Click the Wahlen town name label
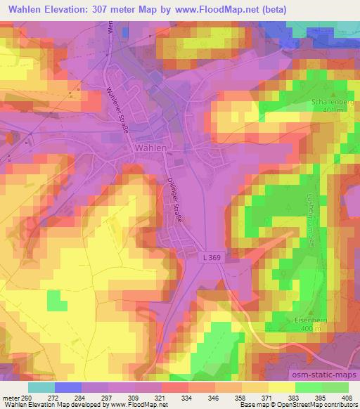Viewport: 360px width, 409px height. [150, 148]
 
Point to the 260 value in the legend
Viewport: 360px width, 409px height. [27, 397]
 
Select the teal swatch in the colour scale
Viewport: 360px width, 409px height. [41, 387]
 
